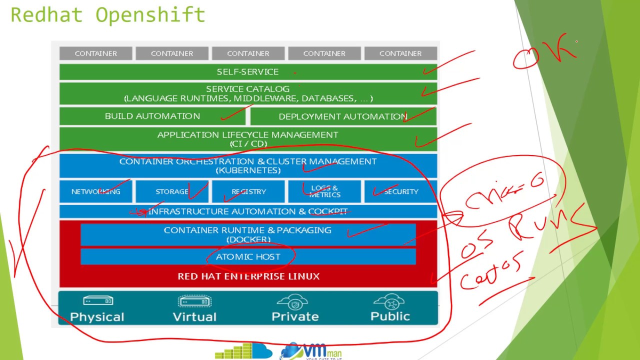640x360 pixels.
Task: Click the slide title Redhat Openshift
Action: (107, 15)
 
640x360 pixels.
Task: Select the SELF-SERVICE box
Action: (247, 72)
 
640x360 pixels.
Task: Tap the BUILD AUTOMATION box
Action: (152, 116)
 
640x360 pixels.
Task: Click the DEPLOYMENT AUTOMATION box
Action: (343, 116)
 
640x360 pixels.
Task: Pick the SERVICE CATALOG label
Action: (247, 89)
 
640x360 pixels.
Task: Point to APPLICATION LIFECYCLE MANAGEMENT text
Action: (247, 134)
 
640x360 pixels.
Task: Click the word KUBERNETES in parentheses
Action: (248, 170)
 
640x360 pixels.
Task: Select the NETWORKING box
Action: (95, 191)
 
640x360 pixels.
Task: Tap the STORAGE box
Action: (171, 191)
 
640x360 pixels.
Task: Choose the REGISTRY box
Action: (248, 191)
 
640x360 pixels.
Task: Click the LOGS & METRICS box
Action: (324, 191)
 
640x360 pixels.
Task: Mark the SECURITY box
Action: (401, 191)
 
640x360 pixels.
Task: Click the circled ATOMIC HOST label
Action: (248, 256)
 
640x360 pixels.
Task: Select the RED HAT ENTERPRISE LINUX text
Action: (248, 276)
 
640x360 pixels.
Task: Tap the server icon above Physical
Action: (97, 301)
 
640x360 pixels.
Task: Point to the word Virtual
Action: (194, 316)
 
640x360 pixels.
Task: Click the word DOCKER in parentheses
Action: (248, 239)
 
